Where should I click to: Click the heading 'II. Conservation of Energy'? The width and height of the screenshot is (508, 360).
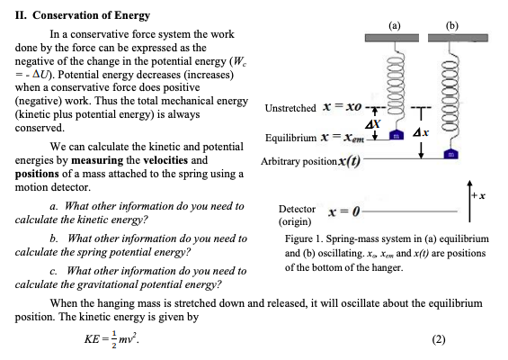(x=80, y=16)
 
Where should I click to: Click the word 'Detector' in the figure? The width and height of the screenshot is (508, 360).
(x=297, y=208)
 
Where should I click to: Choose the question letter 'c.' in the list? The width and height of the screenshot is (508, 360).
(x=56, y=271)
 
